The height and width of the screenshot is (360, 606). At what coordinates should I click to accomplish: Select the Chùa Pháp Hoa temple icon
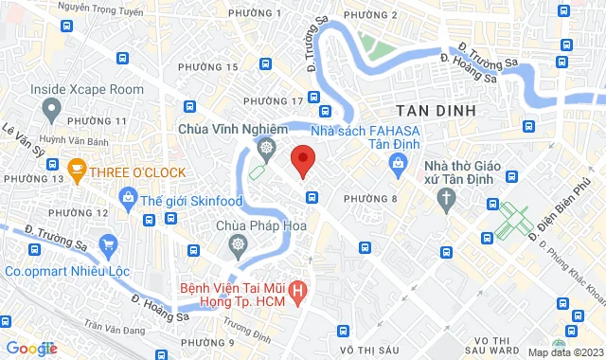238,245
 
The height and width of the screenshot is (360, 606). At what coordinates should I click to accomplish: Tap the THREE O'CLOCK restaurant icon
78,171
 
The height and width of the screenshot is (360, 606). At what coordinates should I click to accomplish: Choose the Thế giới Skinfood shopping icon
127,196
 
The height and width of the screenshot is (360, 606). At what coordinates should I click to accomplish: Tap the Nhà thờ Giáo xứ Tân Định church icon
446,196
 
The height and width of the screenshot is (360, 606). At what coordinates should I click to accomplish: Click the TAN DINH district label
436,110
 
